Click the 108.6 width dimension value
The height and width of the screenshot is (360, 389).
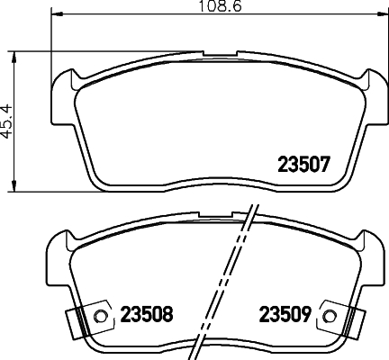(x=221, y=6)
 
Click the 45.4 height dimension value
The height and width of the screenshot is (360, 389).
(x=6, y=121)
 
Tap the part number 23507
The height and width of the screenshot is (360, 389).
(x=303, y=165)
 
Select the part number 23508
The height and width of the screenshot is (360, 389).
(x=147, y=314)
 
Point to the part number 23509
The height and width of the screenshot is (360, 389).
(x=285, y=314)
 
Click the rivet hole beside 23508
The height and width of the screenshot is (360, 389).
(x=101, y=316)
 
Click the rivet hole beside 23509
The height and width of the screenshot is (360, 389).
(x=330, y=316)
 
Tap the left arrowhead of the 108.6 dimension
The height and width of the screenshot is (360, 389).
(x=57, y=13)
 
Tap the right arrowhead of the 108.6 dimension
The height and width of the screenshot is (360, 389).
(x=382, y=13)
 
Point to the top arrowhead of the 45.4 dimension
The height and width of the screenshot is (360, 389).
(x=14, y=57)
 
